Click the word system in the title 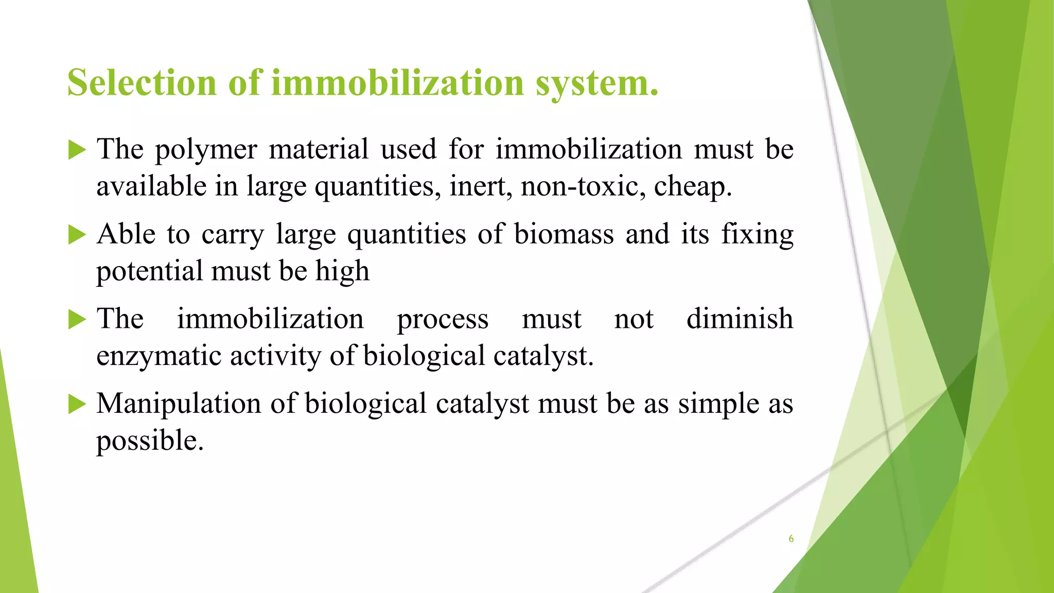tap(596, 83)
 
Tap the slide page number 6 tap(791, 538)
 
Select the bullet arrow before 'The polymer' tap(77, 150)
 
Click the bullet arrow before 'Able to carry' tap(77, 235)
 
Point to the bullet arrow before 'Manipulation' tap(77, 405)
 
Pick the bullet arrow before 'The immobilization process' tap(77, 320)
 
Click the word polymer tap(206, 150)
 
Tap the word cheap tap(692, 187)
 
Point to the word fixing tap(757, 235)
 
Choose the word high tap(342, 272)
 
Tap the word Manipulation tap(179, 404)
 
